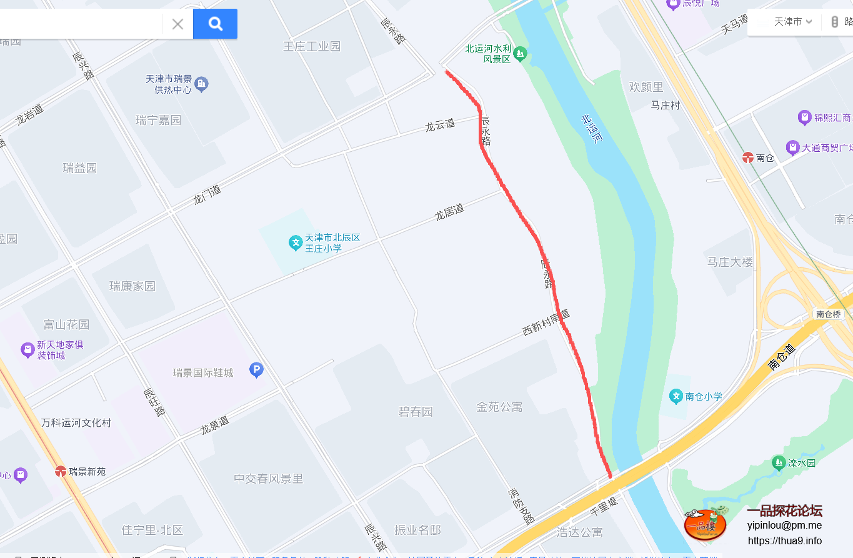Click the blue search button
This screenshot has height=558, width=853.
click(215, 24)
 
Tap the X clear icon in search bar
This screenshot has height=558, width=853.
click(177, 24)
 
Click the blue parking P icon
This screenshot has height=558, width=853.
click(256, 371)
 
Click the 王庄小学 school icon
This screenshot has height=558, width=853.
click(296, 243)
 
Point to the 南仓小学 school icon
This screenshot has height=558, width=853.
click(676, 396)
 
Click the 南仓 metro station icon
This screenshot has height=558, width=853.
click(748, 157)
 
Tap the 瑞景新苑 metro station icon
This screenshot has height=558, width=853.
click(61, 471)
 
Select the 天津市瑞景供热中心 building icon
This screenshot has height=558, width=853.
click(201, 84)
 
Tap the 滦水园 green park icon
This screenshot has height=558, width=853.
click(778, 463)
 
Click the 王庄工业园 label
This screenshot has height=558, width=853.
click(312, 46)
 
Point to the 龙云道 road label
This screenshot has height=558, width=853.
click(440, 125)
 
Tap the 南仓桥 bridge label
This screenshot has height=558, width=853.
click(828, 314)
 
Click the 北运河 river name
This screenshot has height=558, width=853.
click(591, 129)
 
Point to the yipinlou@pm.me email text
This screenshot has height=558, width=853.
click(784, 526)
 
